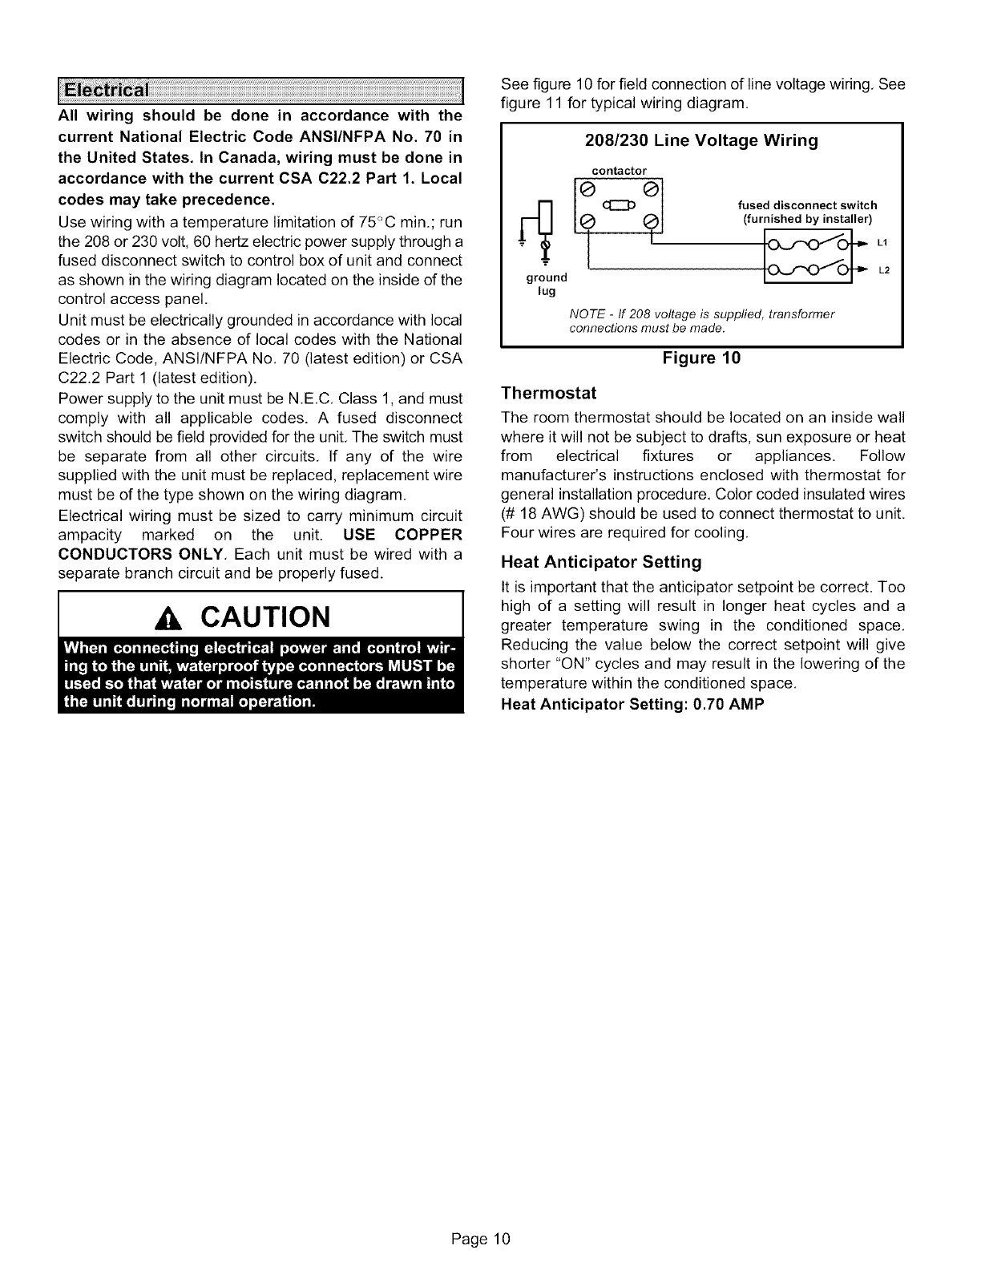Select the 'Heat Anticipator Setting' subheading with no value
click(x=600, y=561)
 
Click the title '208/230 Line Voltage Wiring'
click(x=701, y=141)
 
